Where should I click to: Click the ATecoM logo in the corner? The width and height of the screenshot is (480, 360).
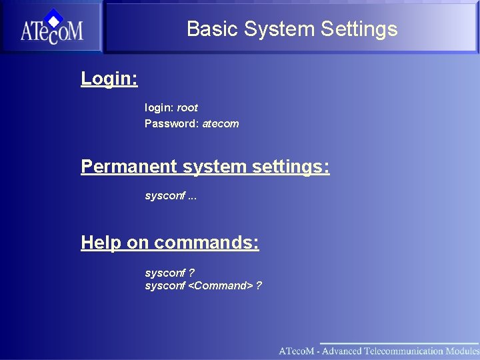[51, 28]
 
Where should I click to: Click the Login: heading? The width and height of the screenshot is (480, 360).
[109, 79]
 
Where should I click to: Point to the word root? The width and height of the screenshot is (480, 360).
[187, 107]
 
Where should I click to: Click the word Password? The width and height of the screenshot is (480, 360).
[171, 123]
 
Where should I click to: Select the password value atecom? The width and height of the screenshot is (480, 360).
[221, 123]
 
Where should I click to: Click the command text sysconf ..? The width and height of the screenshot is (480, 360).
[165, 196]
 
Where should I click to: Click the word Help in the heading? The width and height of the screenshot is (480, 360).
[101, 243]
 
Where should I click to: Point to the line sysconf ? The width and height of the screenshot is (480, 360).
[169, 273]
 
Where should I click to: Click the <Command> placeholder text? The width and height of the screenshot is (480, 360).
[220, 286]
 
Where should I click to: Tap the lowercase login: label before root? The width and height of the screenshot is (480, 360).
[159, 107]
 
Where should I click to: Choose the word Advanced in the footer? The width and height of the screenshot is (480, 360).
[337, 351]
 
